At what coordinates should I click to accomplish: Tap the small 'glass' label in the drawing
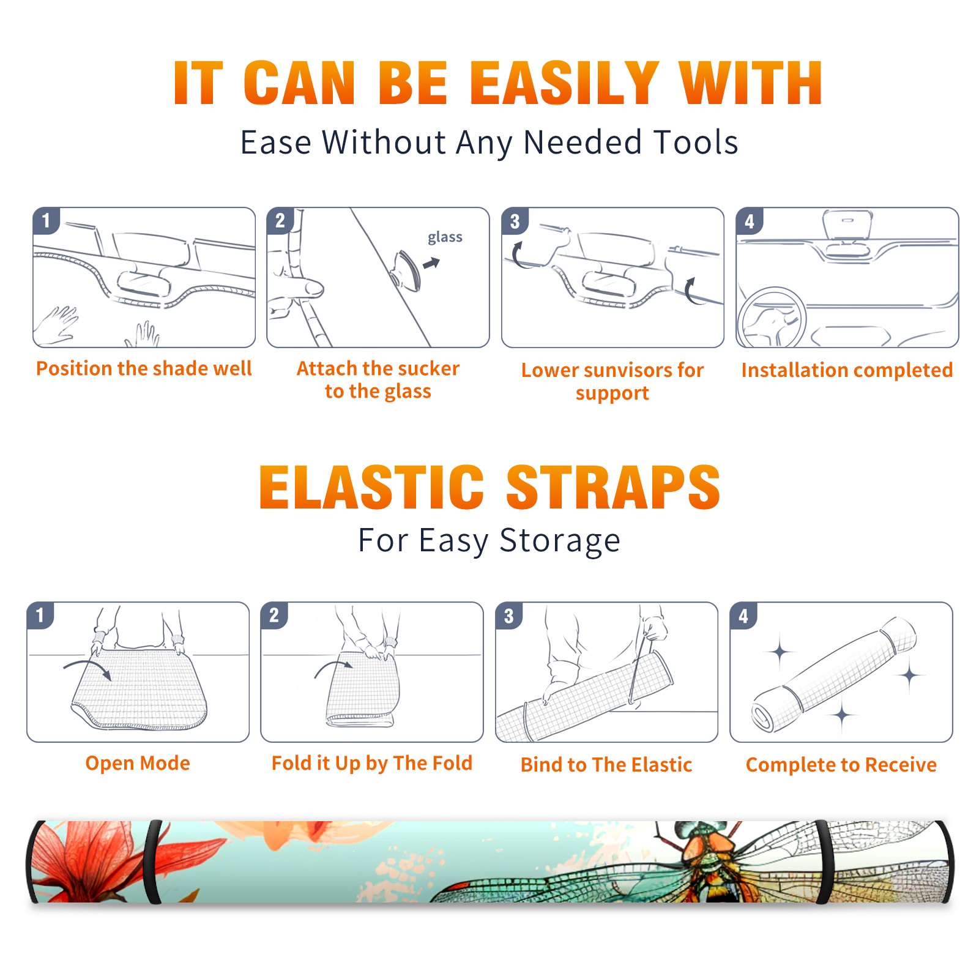445,237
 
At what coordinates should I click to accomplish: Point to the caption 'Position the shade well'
144,368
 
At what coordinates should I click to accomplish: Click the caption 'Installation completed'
847,370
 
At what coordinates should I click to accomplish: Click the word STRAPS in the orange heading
613,487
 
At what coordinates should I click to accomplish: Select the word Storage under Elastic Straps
560,541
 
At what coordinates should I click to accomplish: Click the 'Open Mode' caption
138,763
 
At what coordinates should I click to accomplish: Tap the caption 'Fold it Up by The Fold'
372,763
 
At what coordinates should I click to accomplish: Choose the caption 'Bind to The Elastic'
606,765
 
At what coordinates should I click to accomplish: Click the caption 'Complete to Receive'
841,765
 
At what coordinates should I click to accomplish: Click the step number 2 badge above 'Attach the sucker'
280,220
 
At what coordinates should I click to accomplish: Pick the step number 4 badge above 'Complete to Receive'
743,616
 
